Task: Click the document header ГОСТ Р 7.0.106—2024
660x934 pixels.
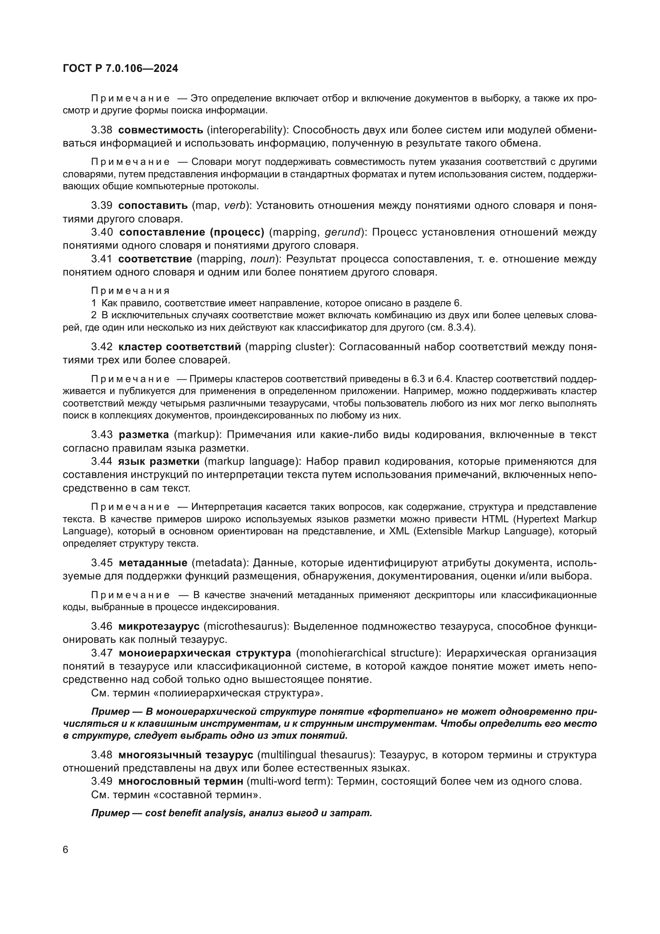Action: pyautogui.click(x=120, y=69)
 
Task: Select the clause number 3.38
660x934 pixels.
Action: pyautogui.click(x=102, y=130)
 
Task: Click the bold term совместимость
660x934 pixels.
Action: pyautogui.click(x=160, y=130)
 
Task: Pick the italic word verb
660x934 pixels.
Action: pyautogui.click(x=235, y=205)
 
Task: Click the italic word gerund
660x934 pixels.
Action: pyautogui.click(x=342, y=232)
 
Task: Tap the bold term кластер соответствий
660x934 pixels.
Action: pyautogui.click(x=180, y=347)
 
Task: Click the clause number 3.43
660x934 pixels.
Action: pyautogui.click(x=102, y=435)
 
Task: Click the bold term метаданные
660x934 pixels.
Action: pyautogui.click(x=153, y=563)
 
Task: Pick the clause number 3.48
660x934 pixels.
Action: pyautogui.click(x=102, y=755)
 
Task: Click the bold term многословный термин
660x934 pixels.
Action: pyautogui.click(x=181, y=781)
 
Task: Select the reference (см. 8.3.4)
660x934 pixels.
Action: pyautogui.click(x=449, y=328)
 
